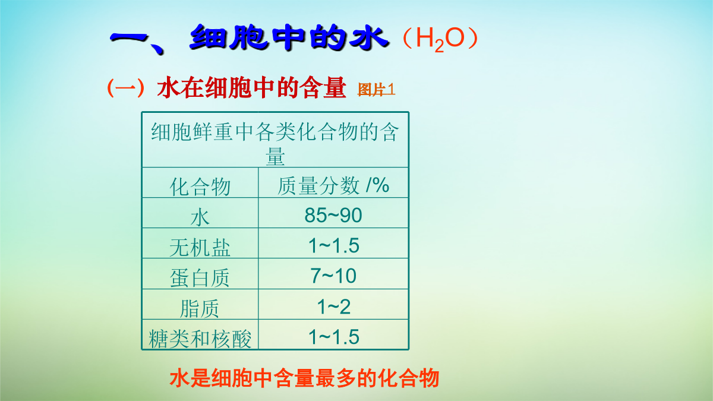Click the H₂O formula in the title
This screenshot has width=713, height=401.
pyautogui.click(x=440, y=39)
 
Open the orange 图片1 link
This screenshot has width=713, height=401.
pyautogui.click(x=376, y=90)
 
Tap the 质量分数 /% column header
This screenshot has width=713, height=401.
pyautogui.click(x=333, y=185)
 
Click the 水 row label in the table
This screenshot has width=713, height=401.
pyautogui.click(x=200, y=217)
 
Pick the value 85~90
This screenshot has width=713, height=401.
pyautogui.click(x=333, y=215)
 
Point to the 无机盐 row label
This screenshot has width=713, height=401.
pyautogui.click(x=200, y=248)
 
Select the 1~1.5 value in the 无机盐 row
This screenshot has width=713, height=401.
pyautogui.click(x=333, y=245)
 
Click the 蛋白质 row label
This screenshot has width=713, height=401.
pyautogui.click(x=200, y=278)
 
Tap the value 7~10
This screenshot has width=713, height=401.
pyautogui.click(x=333, y=276)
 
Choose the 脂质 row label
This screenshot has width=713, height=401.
pyautogui.click(x=200, y=308)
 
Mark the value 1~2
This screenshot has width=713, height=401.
pyautogui.click(x=333, y=307)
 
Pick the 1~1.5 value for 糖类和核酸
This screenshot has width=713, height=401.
pyautogui.click(x=333, y=337)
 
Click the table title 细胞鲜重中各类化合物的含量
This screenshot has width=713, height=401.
pyautogui.click(x=275, y=144)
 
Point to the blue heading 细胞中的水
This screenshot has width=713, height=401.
pyautogui.click(x=289, y=37)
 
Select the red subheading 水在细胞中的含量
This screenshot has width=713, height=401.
pyautogui.click(x=251, y=87)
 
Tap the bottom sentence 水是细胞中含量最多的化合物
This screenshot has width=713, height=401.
pyautogui.click(x=304, y=378)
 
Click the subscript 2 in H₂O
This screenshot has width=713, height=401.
pyautogui.click(x=439, y=46)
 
